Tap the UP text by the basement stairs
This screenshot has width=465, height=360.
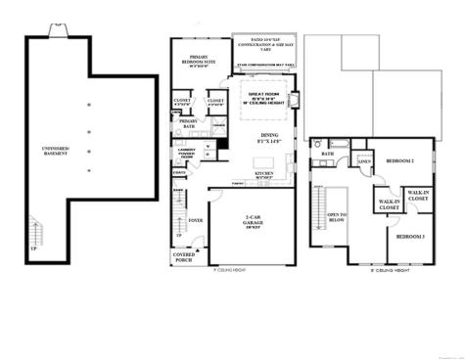(33, 249)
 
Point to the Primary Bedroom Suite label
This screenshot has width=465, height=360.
(202, 62)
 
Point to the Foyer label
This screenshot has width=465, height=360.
(196, 221)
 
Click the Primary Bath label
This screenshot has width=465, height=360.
(189, 123)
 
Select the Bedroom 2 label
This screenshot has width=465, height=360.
(399, 160)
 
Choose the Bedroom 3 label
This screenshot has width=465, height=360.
(409, 237)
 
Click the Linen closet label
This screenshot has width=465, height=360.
(363, 161)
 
